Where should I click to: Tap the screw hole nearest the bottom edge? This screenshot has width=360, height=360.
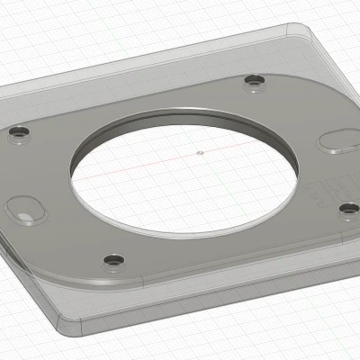pyautogui.click(x=112, y=260)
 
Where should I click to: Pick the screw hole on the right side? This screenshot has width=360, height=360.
pyautogui.click(x=348, y=209)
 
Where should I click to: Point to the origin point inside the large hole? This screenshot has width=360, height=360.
pyautogui.click(x=200, y=152)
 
